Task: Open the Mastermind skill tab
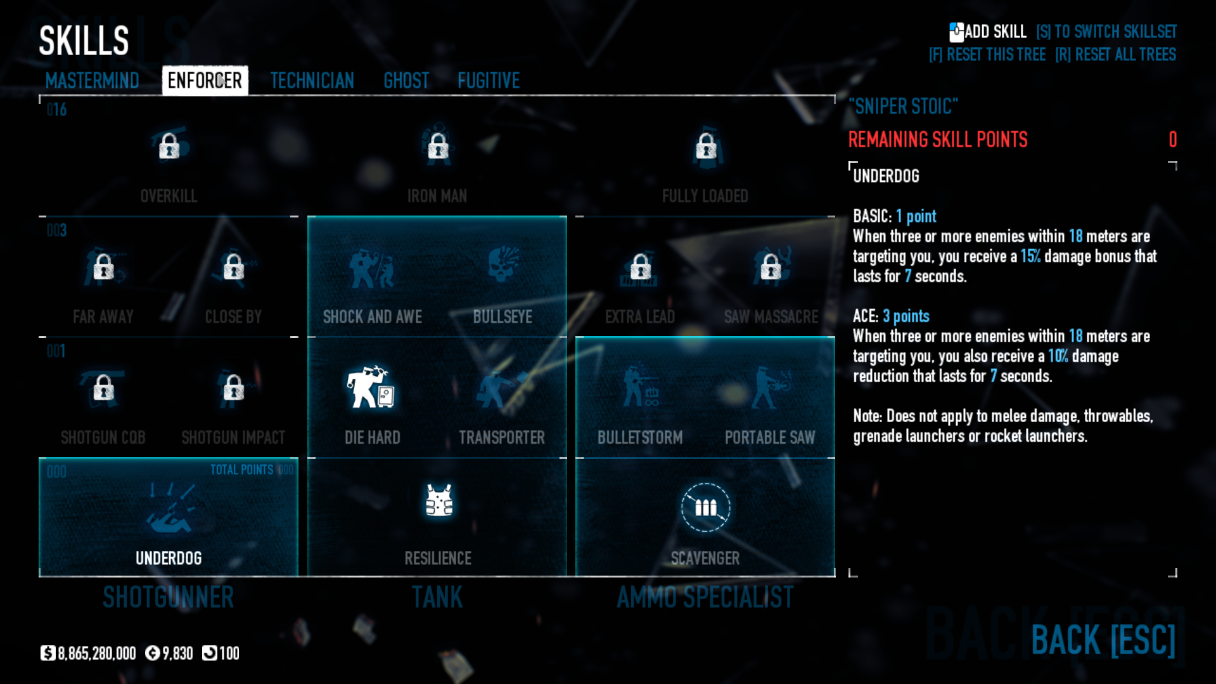coord(92,81)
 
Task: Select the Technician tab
coord(312,81)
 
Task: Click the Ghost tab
coord(406,81)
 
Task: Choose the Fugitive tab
coord(489,81)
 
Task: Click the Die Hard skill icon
coord(371,387)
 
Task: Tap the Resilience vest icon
coord(438,501)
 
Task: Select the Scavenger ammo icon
coord(705,507)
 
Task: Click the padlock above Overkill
coord(169,146)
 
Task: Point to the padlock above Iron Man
coord(438,146)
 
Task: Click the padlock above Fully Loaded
coord(706,146)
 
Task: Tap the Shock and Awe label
coord(373,317)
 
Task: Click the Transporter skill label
coord(502,437)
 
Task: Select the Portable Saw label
coord(770,437)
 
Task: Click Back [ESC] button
coord(1103,640)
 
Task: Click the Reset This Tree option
coord(987,55)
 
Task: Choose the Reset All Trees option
coord(1116,55)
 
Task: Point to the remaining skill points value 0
coord(1172,139)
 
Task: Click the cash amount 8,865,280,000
coord(96,654)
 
